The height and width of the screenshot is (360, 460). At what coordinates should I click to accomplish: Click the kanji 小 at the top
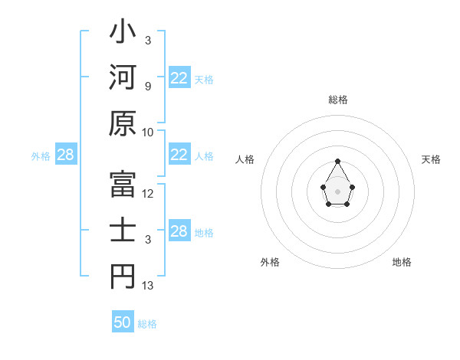point(123,33)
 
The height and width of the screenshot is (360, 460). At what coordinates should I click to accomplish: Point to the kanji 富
point(123,185)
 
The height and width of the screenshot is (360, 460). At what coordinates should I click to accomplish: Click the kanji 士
point(123,231)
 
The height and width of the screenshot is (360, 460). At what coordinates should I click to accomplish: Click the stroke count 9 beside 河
point(147,86)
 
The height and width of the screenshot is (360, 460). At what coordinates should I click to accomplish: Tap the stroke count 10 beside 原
point(148,132)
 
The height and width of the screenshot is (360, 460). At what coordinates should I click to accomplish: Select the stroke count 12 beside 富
point(148,194)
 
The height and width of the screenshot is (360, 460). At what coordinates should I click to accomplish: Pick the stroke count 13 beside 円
point(148,286)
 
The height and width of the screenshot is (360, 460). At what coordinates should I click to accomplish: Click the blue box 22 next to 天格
point(179,78)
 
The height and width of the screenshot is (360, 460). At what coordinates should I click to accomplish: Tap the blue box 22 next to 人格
point(179,155)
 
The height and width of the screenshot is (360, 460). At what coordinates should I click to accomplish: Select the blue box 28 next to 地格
point(179,231)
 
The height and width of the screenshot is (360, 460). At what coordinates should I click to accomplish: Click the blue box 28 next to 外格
point(65,155)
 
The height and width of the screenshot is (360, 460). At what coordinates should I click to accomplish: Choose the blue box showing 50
point(123,322)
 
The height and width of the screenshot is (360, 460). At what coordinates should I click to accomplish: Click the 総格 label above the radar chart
point(338,100)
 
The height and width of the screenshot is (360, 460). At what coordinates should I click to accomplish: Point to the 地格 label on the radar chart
point(402,262)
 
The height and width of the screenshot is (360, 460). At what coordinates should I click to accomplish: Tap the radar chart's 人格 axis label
point(245,159)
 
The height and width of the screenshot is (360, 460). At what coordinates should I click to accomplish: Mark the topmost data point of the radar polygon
point(337,161)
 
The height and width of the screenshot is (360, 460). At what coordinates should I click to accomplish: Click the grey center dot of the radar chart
point(337,191)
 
